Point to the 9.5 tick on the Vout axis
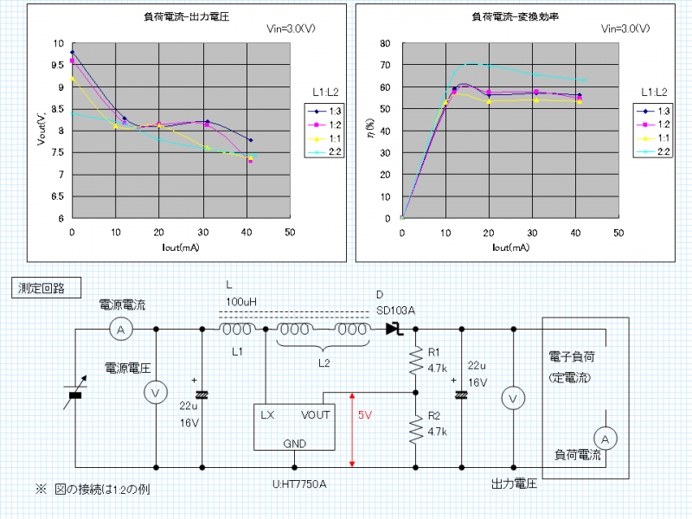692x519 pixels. (58, 65)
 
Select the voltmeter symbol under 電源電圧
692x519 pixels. (156, 392)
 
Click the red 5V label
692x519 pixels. (365, 415)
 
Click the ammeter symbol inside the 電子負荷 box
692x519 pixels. (606, 439)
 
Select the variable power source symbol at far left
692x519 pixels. (75, 396)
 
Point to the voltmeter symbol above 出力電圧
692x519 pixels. (513, 398)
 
